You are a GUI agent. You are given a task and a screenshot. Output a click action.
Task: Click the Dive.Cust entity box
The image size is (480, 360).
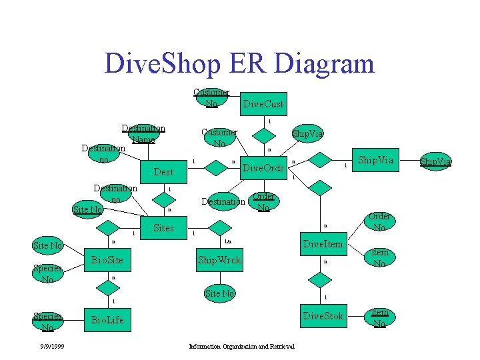(263, 103)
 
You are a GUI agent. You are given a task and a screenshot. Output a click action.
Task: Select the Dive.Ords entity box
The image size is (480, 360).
(263, 168)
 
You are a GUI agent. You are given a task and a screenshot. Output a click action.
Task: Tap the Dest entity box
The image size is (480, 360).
(163, 172)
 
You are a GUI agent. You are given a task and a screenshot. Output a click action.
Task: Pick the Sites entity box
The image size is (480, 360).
(163, 228)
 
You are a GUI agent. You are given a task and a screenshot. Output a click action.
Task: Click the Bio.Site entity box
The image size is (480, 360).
(107, 259)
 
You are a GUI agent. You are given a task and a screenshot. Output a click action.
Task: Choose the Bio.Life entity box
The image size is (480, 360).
(107, 320)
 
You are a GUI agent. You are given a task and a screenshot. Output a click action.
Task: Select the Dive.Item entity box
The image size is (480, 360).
(323, 245)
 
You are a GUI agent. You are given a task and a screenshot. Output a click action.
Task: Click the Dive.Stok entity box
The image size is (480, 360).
(323, 316)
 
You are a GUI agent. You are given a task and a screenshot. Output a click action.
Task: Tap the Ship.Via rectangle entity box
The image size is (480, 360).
(376, 161)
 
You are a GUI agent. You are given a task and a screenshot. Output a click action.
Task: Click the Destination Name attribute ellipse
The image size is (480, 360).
(143, 134)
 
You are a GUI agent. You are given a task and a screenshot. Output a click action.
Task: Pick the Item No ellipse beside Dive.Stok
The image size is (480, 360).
(379, 317)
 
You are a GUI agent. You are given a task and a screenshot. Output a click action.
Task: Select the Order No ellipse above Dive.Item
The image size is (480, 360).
(379, 222)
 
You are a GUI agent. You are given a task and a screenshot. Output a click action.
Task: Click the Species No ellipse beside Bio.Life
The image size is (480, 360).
(47, 321)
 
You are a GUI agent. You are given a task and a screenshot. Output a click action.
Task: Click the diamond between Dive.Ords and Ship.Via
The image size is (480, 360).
(322, 161)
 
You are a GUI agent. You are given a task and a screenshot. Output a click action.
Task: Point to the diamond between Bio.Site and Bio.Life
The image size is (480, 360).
(106, 289)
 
